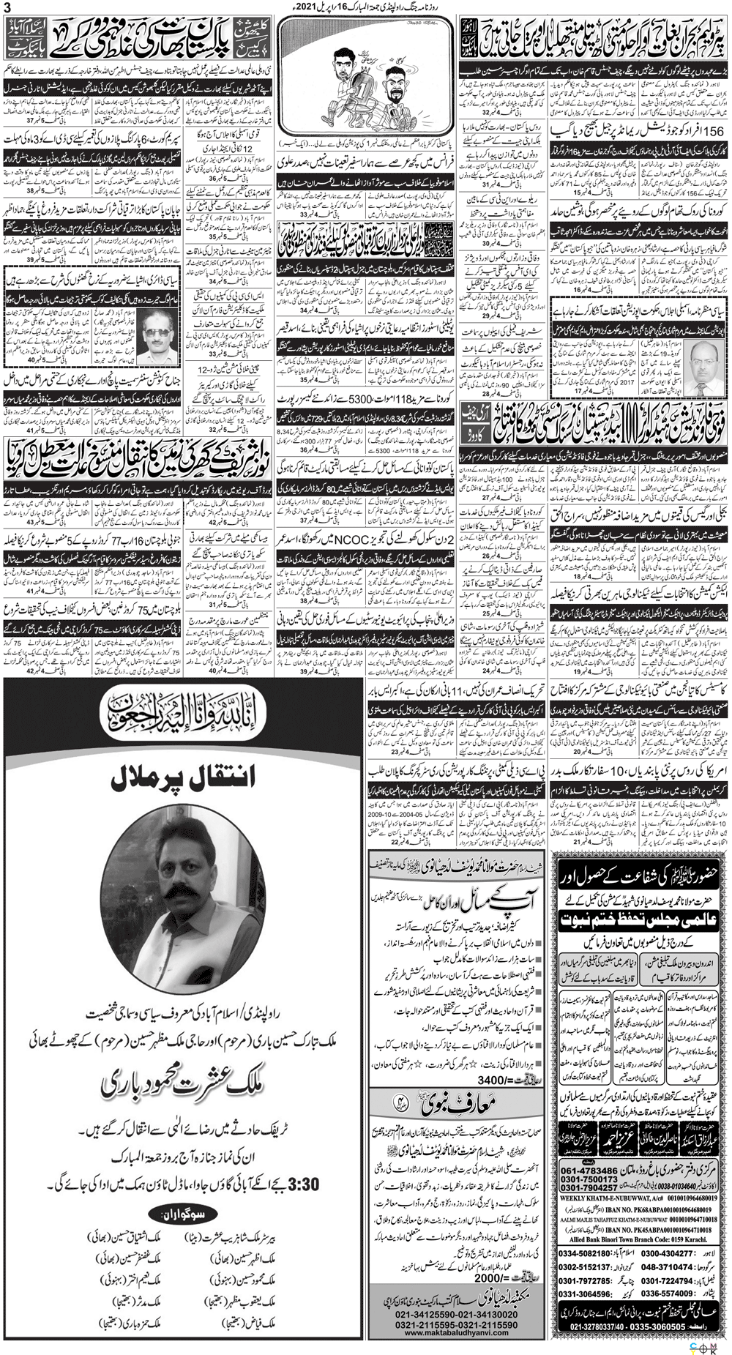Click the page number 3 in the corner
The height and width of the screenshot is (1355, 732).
click(7, 7)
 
